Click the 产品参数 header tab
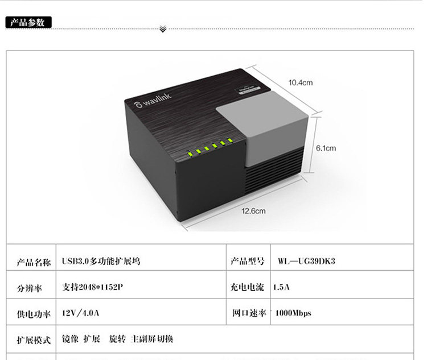(28, 22)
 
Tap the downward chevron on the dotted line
(163, 28)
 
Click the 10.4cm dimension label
(301, 82)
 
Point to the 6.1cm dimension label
(326, 148)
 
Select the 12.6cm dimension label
(254, 211)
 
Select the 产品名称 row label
(32, 262)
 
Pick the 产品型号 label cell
(248, 262)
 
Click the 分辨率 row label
(28, 288)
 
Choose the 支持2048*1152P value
(93, 287)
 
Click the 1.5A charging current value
(282, 287)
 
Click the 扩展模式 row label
(32, 340)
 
